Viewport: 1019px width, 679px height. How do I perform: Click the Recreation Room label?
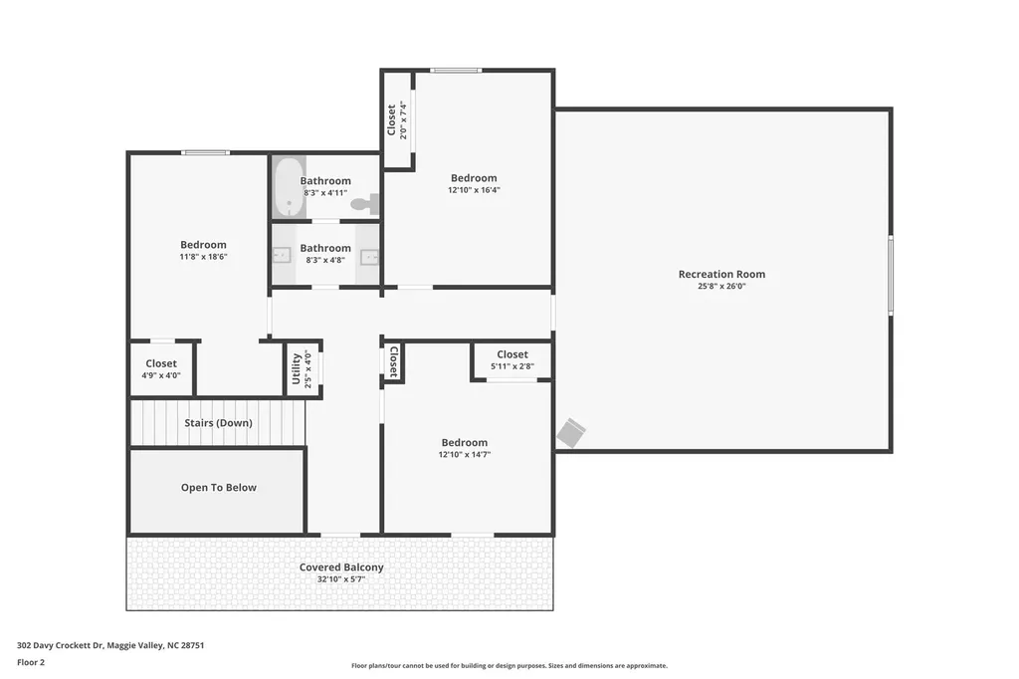click(x=721, y=274)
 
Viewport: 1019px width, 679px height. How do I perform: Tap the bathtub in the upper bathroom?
click(x=290, y=186)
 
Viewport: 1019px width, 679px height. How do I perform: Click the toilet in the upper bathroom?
click(x=365, y=203)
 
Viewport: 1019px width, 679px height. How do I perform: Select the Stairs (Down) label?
click(x=218, y=423)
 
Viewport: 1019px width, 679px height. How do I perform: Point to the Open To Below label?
click(x=218, y=487)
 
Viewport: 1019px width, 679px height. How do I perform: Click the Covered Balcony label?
click(x=341, y=567)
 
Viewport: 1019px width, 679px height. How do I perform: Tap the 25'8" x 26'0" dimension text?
click(x=721, y=286)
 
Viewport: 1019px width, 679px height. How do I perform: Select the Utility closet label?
click(x=297, y=368)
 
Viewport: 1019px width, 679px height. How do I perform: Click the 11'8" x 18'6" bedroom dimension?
click(x=203, y=257)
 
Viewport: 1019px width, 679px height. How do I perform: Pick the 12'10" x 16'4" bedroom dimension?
click(x=474, y=190)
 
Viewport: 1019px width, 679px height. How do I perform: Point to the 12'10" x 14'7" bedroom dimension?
click(x=464, y=455)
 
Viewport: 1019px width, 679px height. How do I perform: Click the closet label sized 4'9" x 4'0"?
click(x=161, y=363)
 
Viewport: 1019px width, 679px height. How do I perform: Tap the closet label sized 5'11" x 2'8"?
click(x=512, y=354)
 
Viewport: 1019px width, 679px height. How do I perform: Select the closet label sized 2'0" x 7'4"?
click(x=391, y=120)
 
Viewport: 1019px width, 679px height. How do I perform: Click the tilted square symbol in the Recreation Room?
click(x=571, y=433)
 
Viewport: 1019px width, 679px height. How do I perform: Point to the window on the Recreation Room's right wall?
click(x=891, y=276)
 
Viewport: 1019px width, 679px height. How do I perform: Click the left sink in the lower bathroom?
click(x=281, y=255)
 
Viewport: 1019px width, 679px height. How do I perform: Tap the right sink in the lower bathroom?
click(x=369, y=257)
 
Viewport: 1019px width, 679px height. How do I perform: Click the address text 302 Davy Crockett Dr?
click(x=60, y=646)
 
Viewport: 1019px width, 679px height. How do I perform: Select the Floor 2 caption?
click(x=31, y=663)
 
